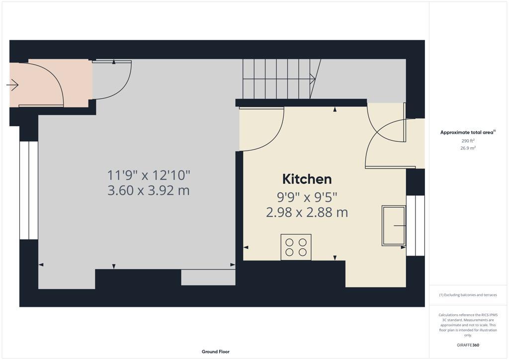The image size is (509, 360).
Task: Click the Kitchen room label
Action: click(x=307, y=179)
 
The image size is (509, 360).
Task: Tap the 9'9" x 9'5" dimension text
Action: click(x=307, y=197)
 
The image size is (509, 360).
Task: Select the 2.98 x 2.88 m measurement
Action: click(x=307, y=212)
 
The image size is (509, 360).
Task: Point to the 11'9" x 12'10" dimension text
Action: click(x=149, y=175)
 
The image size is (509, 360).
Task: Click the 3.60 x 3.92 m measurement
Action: click(x=149, y=190)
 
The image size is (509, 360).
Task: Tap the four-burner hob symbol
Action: click(x=296, y=247)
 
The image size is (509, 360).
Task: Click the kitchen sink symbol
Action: click(x=393, y=225)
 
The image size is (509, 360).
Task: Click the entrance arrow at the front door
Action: click(x=12, y=86)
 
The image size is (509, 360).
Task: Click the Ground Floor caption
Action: click(x=215, y=352)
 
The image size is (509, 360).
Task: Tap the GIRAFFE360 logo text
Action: click(x=468, y=345)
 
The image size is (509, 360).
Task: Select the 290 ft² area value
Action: click(x=468, y=141)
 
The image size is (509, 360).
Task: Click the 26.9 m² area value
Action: click(x=468, y=148)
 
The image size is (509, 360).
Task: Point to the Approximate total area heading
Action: click(x=468, y=132)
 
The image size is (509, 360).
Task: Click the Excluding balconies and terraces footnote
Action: click(x=468, y=295)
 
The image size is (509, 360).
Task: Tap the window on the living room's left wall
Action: click(x=29, y=190)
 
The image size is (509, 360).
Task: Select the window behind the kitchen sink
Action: click(x=415, y=225)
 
